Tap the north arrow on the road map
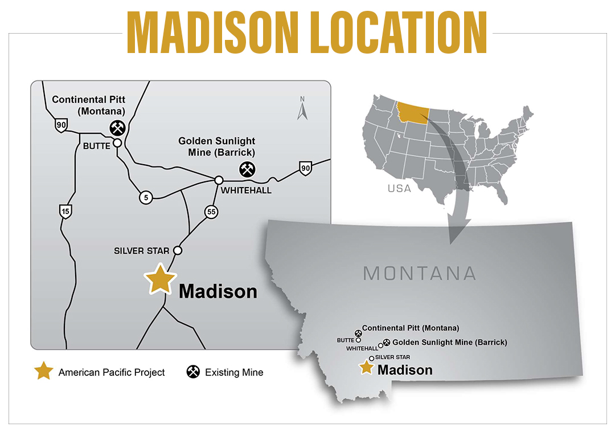click(302, 108)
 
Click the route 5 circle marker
click(146, 197)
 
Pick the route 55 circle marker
click(211, 212)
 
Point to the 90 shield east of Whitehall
click(306, 167)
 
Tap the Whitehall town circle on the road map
click(218, 180)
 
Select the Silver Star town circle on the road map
click(178, 250)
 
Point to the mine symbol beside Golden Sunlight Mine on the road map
click(247, 169)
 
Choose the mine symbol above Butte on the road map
click(117, 127)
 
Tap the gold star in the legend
click(43, 372)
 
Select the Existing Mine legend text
click(233, 372)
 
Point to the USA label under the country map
click(399, 188)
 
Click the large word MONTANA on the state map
click(420, 273)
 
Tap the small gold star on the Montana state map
click(367, 368)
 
